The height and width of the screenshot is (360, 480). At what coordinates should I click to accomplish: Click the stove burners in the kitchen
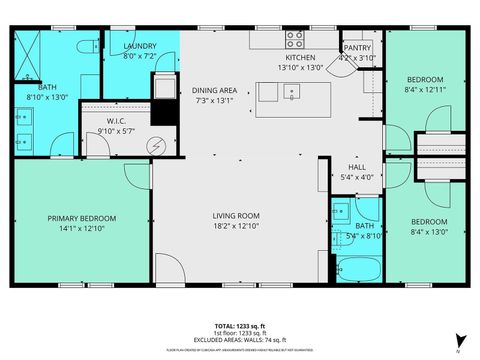click(295, 41)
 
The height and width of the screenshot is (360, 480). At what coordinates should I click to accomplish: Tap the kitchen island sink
click(291, 92)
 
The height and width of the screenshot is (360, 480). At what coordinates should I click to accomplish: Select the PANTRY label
click(357, 47)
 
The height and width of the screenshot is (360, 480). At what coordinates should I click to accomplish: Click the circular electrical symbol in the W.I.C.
click(155, 145)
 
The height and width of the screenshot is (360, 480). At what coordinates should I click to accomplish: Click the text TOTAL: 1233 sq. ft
click(240, 326)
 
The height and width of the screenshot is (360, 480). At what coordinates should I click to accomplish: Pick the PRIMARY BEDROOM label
click(82, 218)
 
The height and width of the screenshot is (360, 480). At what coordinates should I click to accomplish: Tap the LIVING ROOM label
click(236, 215)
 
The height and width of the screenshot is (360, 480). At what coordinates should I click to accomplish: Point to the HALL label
click(356, 167)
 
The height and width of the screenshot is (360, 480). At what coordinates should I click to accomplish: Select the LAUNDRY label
click(140, 47)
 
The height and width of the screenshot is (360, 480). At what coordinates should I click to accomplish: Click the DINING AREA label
click(216, 90)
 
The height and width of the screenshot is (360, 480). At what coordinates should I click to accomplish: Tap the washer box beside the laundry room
click(162, 87)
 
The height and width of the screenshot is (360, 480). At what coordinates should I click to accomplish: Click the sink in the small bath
click(342, 210)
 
